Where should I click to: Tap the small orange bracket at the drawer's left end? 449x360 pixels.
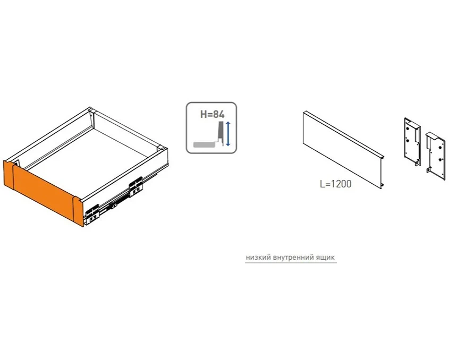pos(9,175)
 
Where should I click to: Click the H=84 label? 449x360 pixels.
pos(212,114)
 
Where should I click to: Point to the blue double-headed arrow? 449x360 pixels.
pos(228,134)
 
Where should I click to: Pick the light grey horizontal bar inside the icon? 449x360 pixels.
pos(204,144)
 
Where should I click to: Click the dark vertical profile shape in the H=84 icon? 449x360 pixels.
pos(220,134)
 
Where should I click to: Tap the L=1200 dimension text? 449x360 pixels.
pos(336,184)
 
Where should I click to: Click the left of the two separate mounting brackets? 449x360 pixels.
pos(412,141)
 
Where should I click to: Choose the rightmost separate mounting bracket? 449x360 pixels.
pos(436,156)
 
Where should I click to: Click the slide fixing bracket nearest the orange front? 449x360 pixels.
pos(92,214)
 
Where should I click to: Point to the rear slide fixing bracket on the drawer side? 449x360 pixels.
pos(135,187)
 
